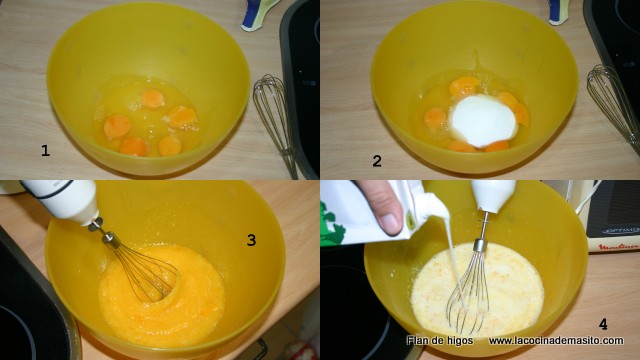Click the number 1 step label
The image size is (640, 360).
(x=45, y=151)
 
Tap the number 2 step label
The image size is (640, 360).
(x=377, y=161)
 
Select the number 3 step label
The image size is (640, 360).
(x=251, y=240)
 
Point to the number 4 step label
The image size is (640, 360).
(x=603, y=324)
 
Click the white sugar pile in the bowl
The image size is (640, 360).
(x=482, y=120)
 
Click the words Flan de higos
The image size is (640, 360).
(x=440, y=340)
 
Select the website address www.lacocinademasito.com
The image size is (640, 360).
(x=556, y=340)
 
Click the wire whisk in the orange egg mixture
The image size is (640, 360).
(x=139, y=264)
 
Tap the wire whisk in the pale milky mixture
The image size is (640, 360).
(x=469, y=286)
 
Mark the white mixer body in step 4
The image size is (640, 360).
(x=493, y=195)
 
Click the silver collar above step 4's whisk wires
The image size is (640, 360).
(x=481, y=245)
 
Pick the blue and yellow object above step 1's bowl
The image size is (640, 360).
(x=258, y=14)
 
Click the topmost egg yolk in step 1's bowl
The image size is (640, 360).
(x=153, y=99)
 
